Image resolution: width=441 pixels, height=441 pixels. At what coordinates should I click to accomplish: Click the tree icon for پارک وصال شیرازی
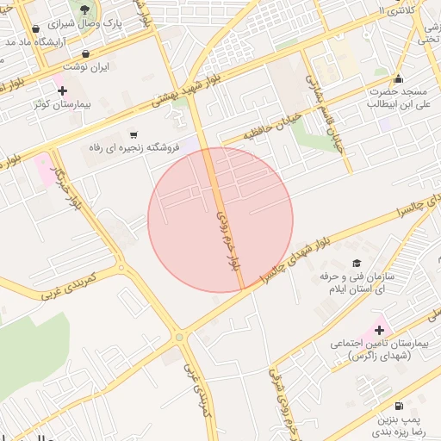[84, 10]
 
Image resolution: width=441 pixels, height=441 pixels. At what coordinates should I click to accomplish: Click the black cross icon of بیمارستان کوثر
[62, 90]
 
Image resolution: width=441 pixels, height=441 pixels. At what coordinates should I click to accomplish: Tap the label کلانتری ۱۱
[401, 11]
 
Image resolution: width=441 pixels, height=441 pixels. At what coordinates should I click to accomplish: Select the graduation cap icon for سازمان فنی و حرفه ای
[356, 263]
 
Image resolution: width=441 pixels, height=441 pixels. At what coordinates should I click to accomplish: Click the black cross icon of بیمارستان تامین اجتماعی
[379, 329]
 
